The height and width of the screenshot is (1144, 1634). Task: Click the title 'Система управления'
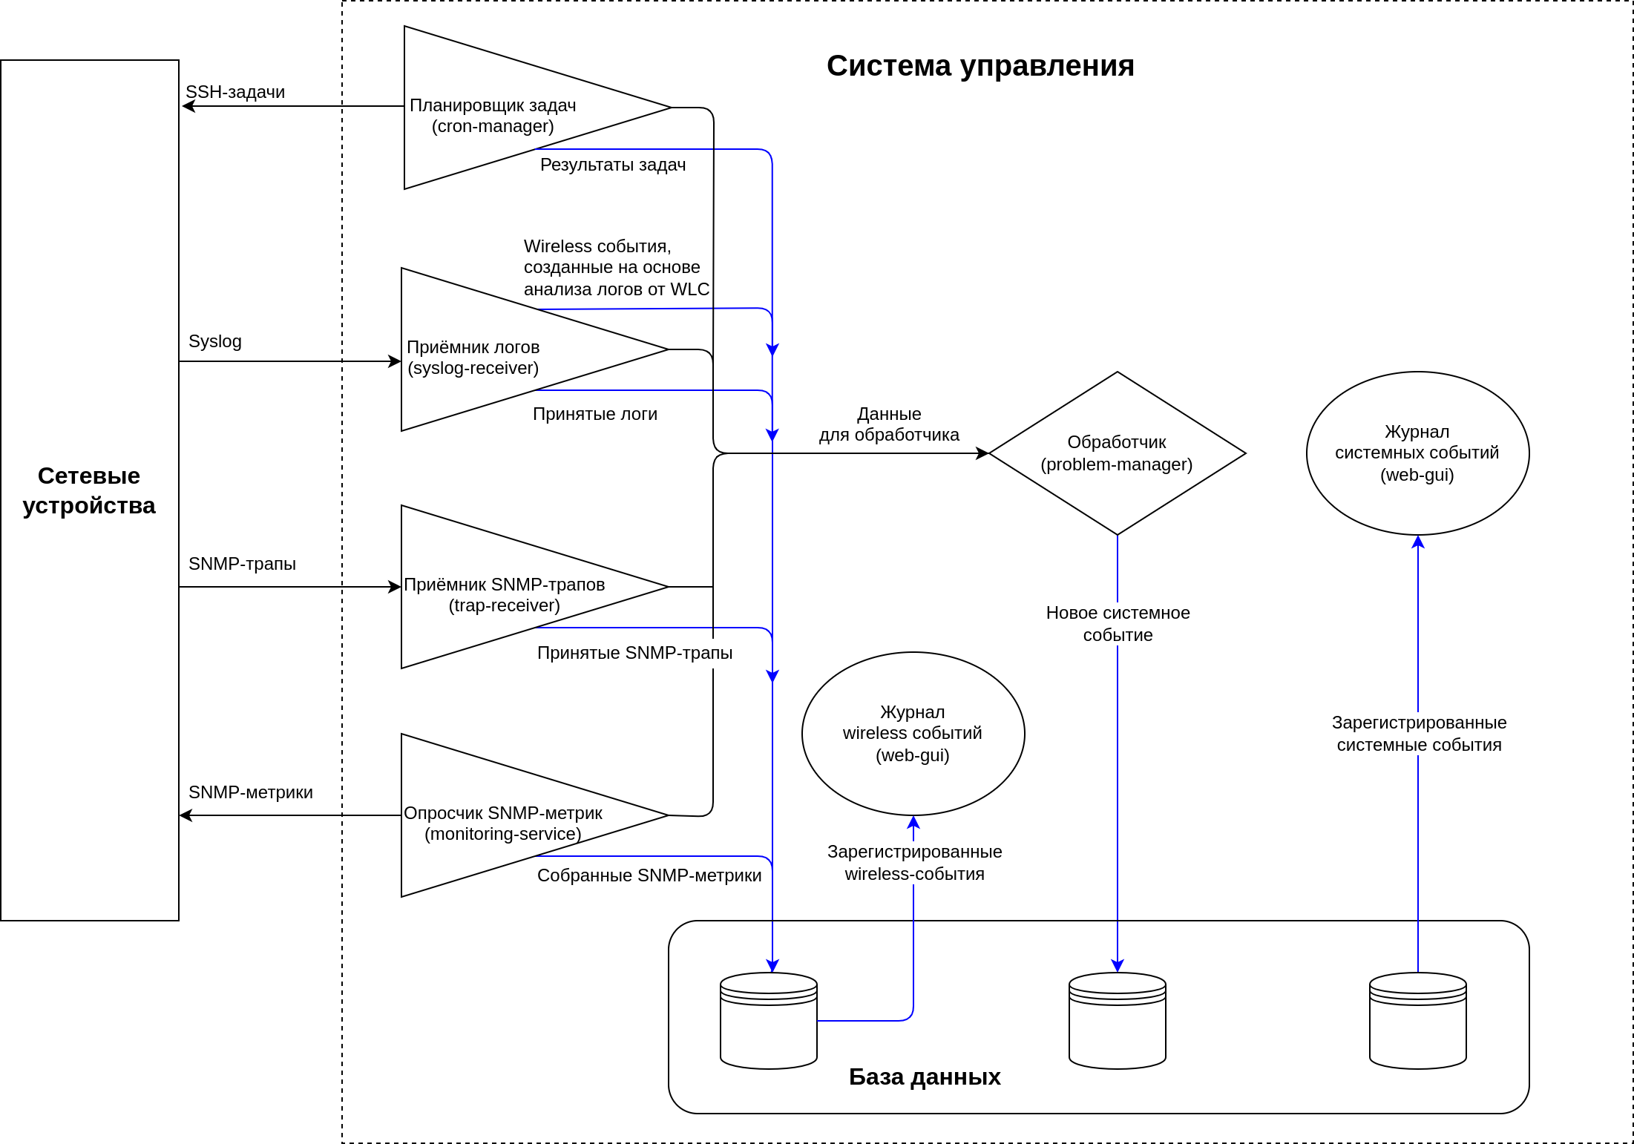[980, 66]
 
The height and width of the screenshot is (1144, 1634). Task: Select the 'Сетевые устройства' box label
[89, 490]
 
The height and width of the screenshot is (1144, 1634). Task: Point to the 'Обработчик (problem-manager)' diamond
[1117, 453]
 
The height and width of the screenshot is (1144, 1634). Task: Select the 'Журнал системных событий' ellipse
[1417, 453]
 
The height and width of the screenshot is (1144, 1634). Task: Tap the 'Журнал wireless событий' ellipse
[913, 734]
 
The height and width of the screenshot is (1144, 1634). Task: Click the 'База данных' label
[925, 1076]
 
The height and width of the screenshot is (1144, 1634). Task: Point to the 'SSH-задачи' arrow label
[235, 92]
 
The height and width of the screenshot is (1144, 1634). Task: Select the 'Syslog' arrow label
[215, 341]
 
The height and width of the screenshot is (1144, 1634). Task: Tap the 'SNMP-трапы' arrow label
[242, 564]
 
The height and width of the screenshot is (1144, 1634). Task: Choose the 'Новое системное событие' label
[1118, 624]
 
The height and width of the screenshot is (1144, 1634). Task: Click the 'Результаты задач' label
[613, 165]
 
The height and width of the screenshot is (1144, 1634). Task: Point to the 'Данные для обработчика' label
[889, 424]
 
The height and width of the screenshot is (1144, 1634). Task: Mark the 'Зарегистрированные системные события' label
[1419, 734]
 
